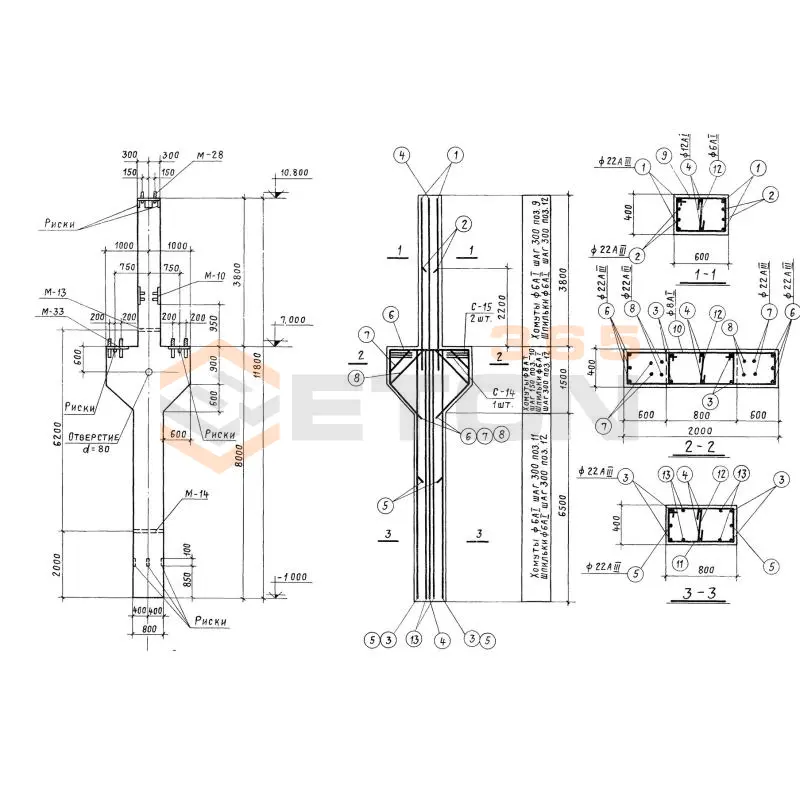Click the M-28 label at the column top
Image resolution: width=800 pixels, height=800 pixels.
point(208,156)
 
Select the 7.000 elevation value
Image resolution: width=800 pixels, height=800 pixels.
point(292,320)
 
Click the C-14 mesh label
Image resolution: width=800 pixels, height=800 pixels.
point(491,395)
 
